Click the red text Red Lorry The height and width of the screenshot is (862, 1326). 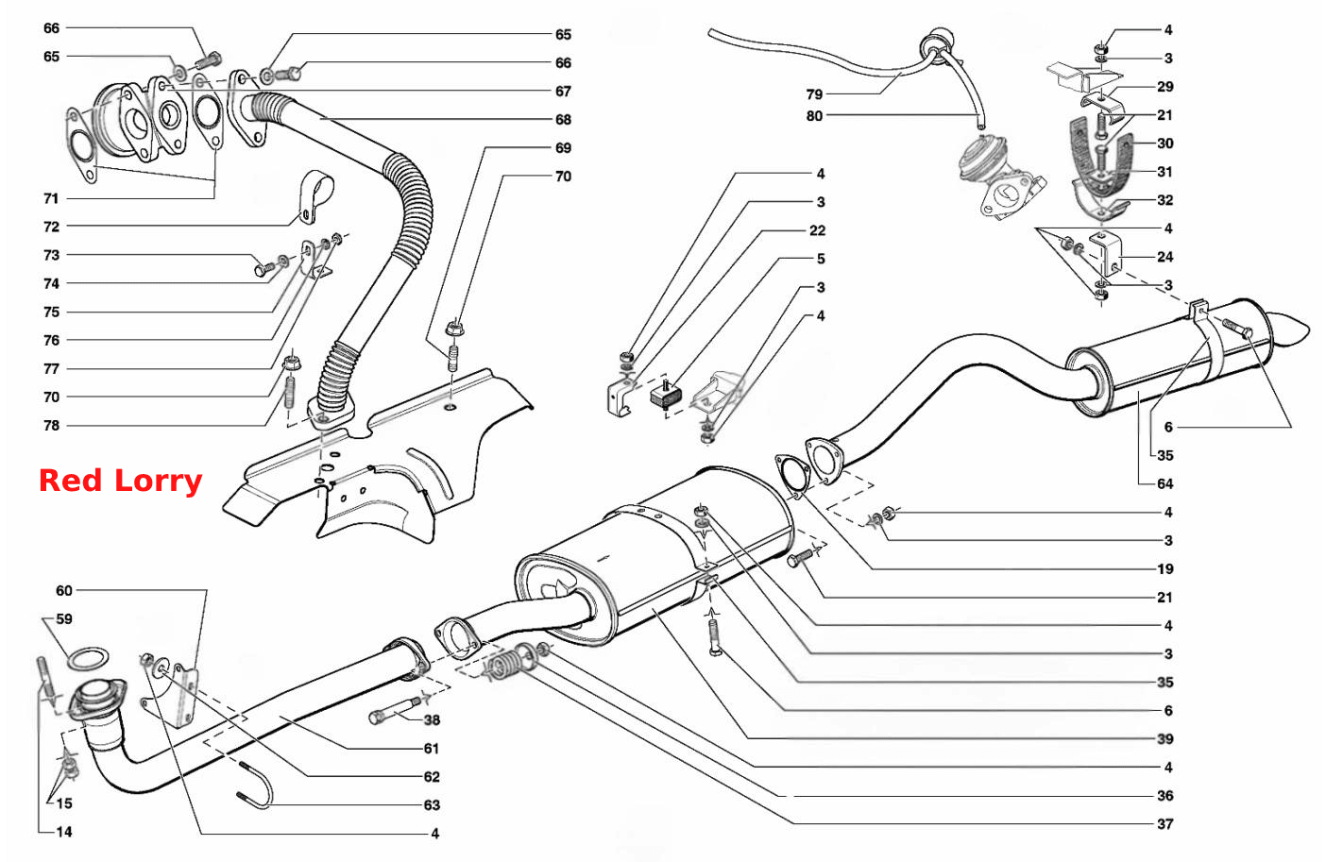click(x=120, y=481)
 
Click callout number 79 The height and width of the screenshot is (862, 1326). click(x=814, y=94)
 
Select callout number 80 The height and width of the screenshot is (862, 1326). click(x=814, y=116)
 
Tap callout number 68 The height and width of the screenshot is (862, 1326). click(x=563, y=120)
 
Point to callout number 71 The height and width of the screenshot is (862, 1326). click(x=52, y=199)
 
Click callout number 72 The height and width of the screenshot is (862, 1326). click(x=52, y=227)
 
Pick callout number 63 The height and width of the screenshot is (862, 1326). click(x=432, y=805)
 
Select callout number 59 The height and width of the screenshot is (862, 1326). click(x=64, y=619)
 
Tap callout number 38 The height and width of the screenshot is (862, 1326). click(x=432, y=720)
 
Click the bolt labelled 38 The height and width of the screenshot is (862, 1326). click(x=394, y=710)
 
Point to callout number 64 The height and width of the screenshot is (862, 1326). click(x=1165, y=484)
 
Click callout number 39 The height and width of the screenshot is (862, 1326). click(x=1165, y=739)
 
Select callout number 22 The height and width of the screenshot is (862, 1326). click(x=818, y=230)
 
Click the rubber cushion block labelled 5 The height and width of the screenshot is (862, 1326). click(x=666, y=396)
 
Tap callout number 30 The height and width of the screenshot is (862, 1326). click(x=1165, y=144)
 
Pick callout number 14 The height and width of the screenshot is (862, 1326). click(x=64, y=833)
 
